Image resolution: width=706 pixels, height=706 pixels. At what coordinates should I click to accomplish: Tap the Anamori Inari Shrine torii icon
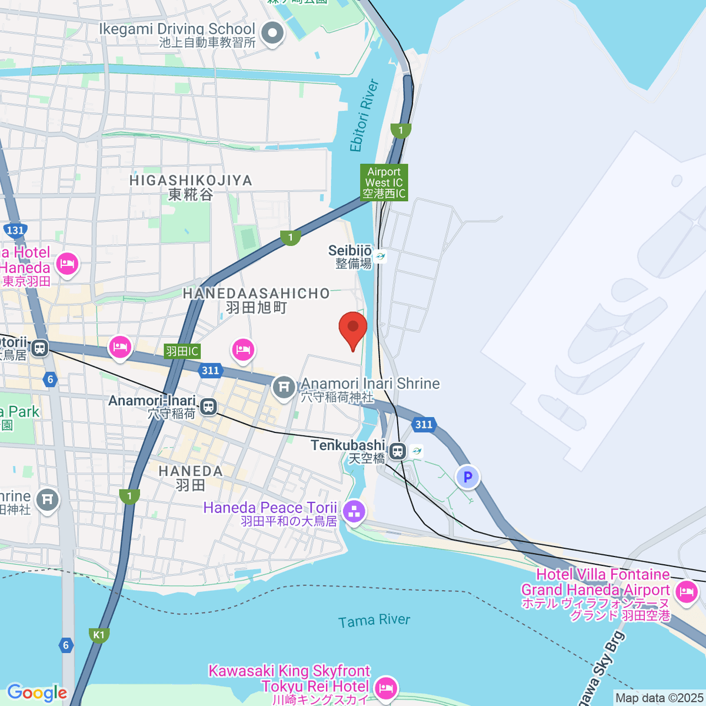(284, 387)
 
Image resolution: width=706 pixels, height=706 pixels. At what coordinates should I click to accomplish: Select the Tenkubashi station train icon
(398, 451)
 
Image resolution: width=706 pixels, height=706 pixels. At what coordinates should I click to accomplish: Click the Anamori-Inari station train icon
(208, 406)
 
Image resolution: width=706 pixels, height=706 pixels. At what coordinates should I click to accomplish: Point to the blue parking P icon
(468, 477)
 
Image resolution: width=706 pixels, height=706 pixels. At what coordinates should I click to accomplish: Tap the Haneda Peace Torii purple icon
(354, 511)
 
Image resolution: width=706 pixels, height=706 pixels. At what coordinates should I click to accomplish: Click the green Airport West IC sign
(384, 182)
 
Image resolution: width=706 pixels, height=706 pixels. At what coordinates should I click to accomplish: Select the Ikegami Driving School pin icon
(272, 33)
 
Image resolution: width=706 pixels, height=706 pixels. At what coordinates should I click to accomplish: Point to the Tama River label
(374, 621)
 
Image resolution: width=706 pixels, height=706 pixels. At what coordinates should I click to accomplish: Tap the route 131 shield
(15, 230)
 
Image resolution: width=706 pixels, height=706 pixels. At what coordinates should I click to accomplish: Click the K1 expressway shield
(99, 635)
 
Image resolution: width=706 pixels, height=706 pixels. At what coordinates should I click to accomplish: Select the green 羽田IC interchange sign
(182, 351)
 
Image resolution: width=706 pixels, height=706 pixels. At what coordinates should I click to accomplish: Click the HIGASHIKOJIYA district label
(191, 181)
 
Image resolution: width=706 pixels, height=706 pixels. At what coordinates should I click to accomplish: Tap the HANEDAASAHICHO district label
(257, 294)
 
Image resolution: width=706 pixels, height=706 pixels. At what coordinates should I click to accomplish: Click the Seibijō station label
(350, 251)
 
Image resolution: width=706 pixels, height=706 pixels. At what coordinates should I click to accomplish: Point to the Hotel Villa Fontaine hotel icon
(687, 591)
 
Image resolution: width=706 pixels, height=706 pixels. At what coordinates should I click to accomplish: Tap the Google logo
(36, 693)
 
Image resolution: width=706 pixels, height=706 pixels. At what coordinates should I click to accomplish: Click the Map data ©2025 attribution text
(659, 698)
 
